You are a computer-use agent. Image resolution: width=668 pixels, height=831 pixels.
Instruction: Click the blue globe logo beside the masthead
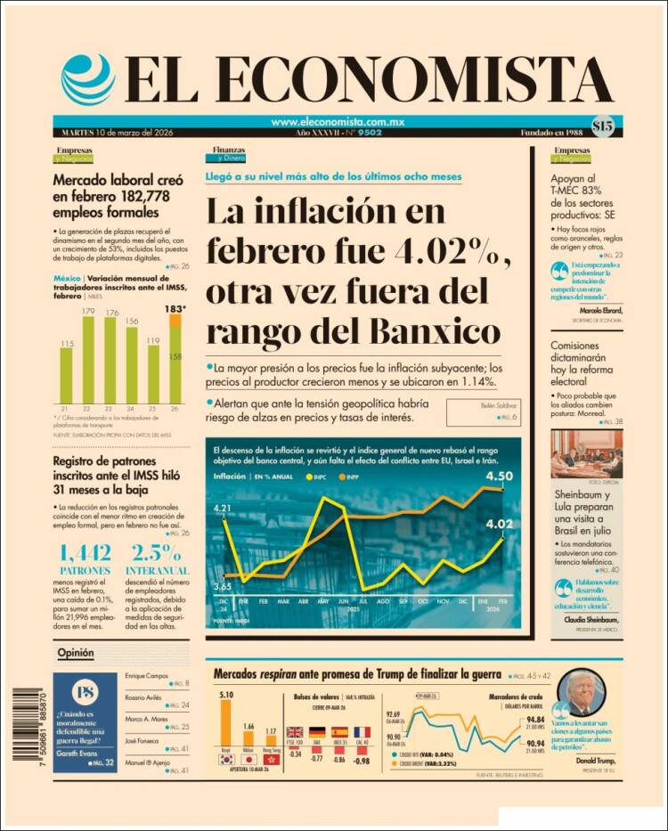(88, 79)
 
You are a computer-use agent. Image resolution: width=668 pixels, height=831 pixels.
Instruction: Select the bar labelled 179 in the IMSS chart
(88, 359)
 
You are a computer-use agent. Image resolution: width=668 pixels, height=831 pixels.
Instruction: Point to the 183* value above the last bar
(175, 308)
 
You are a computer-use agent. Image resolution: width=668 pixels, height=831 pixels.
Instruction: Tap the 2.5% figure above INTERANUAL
(157, 551)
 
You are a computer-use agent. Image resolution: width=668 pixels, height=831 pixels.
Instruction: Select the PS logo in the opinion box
(86, 693)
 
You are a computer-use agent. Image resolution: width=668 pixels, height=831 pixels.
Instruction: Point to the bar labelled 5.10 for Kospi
(225, 726)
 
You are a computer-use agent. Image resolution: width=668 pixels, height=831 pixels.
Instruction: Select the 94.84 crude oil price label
(535, 720)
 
